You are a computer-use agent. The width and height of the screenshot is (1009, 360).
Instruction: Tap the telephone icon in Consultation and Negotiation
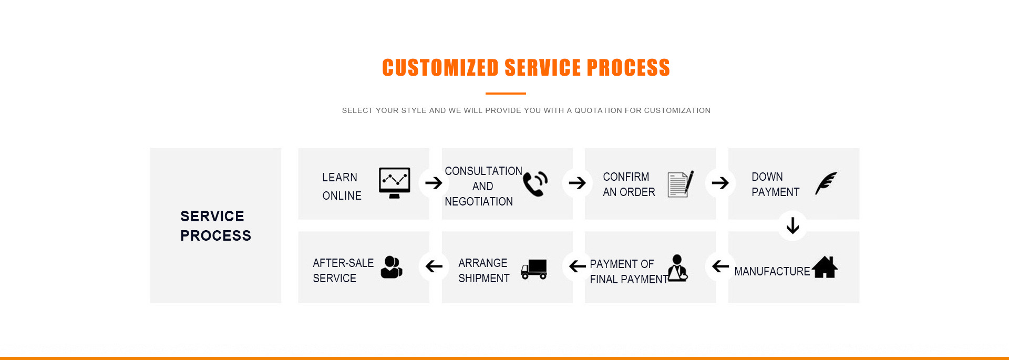(x=535, y=184)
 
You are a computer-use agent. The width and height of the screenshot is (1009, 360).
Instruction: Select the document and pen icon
(x=681, y=184)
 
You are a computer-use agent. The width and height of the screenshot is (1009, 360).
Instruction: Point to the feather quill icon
(x=826, y=183)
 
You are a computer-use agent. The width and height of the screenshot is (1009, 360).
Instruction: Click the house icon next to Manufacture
(x=825, y=267)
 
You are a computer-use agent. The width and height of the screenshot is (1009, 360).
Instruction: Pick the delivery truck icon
(x=534, y=269)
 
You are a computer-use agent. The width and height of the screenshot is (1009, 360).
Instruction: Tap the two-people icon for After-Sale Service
(x=392, y=267)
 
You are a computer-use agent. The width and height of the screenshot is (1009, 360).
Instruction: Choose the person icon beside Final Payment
(x=677, y=268)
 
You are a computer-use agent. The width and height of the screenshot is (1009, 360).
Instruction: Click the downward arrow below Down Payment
(x=792, y=225)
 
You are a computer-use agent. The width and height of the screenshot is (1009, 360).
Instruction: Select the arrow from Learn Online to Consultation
(x=434, y=183)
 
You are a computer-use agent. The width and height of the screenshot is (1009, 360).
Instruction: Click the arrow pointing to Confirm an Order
(x=577, y=183)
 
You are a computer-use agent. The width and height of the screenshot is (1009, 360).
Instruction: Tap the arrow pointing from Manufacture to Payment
(x=720, y=266)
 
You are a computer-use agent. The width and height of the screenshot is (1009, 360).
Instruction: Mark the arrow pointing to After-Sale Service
(x=434, y=266)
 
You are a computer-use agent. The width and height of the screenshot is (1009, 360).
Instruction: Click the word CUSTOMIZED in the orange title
(x=440, y=68)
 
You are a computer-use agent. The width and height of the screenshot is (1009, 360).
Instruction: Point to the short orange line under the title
(x=506, y=94)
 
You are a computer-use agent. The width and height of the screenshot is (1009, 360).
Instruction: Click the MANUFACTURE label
(x=772, y=271)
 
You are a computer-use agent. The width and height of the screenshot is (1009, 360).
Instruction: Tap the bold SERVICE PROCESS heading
(x=215, y=226)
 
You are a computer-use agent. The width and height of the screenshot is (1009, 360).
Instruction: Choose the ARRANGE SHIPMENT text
(x=484, y=271)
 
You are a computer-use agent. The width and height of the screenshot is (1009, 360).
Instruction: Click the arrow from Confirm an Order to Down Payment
(x=720, y=183)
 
